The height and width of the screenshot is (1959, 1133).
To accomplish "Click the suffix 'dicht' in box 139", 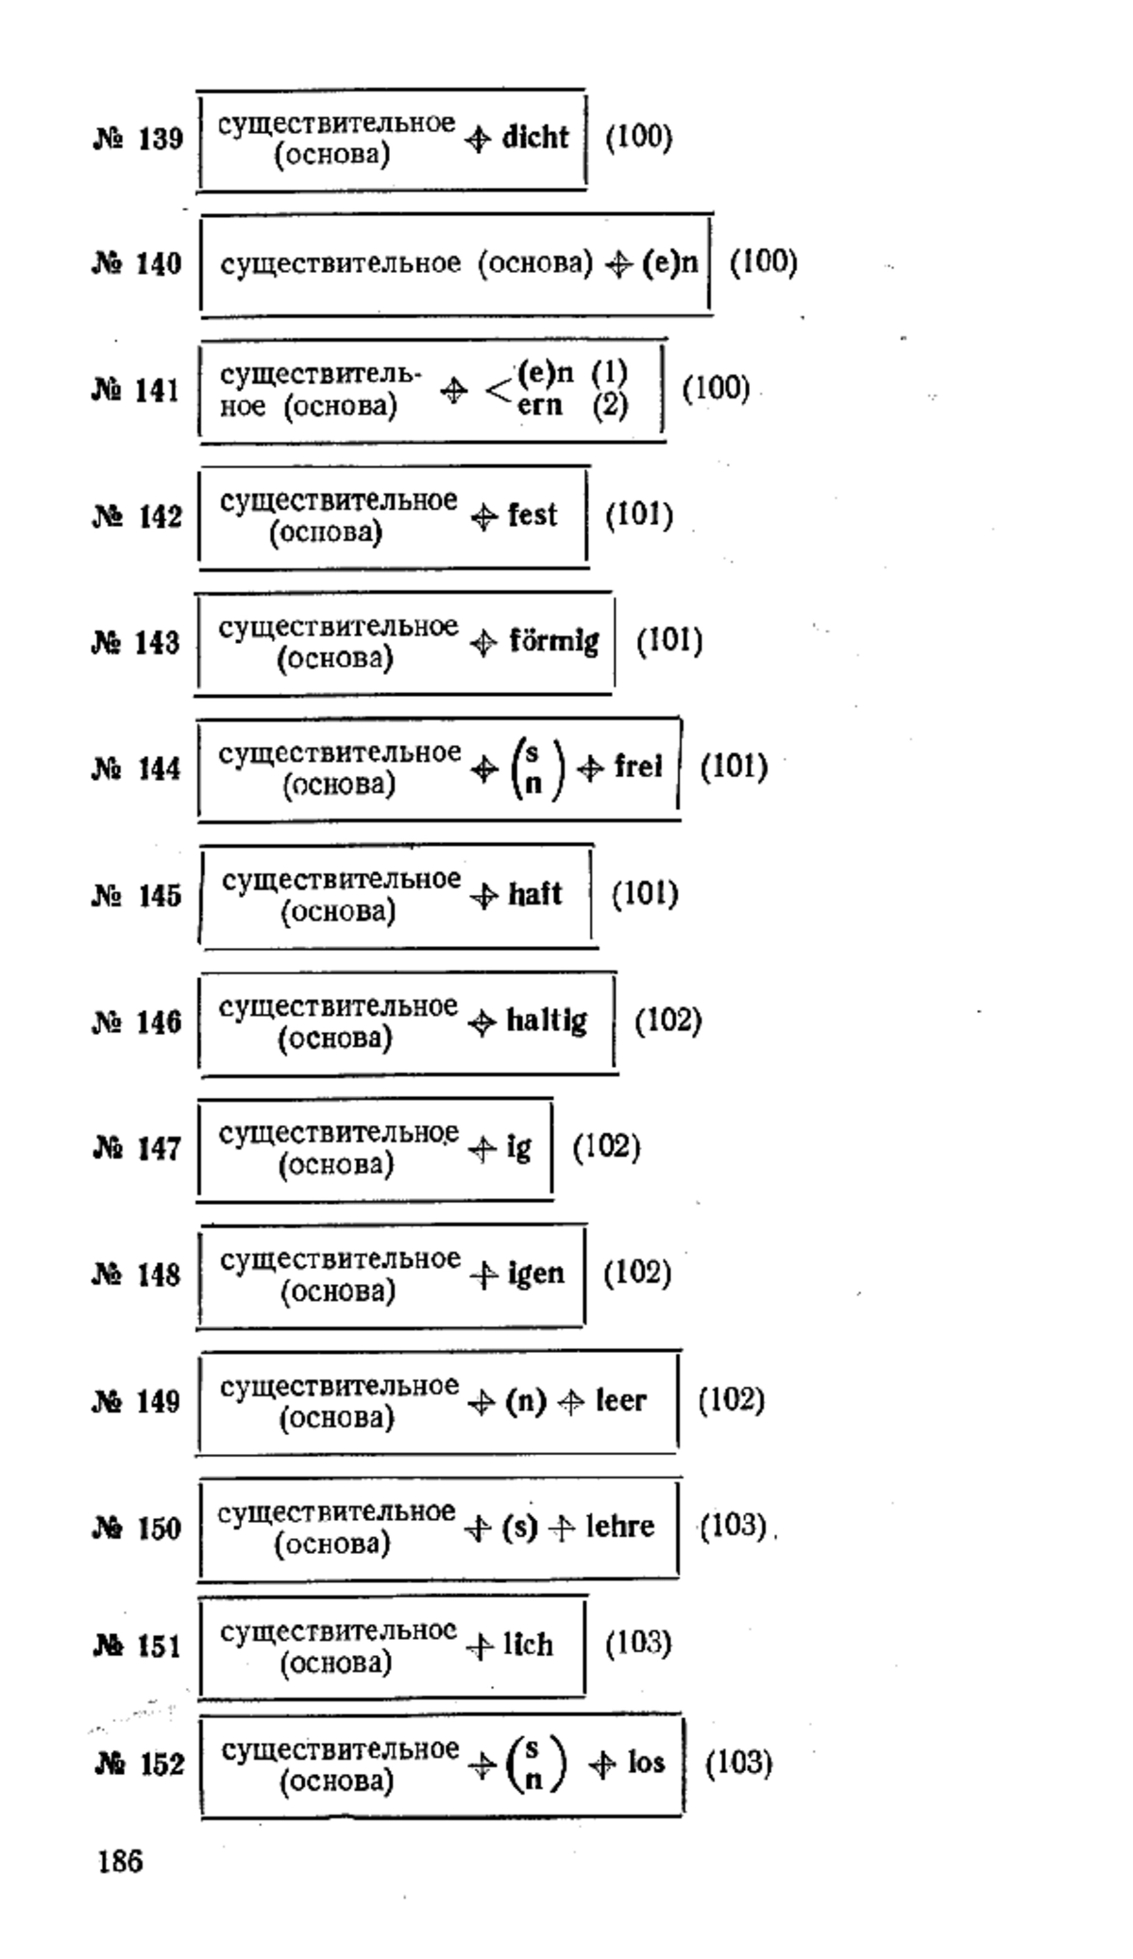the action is coord(535,138).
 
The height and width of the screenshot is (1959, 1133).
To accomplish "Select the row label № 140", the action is coord(137,263).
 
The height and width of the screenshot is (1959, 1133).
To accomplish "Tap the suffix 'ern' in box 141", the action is coord(539,405).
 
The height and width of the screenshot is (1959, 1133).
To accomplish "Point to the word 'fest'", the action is coord(533,515).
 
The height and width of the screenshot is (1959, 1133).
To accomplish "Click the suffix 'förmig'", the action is coord(554,642).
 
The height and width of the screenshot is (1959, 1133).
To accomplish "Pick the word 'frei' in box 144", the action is coord(638,767).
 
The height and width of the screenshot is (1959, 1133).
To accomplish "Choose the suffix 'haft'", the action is coord(535,894).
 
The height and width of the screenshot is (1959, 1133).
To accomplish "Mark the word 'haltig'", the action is coord(547,1022).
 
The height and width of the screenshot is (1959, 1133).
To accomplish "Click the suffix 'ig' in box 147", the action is coord(519,1148).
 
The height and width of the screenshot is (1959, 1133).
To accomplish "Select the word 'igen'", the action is coord(536,1275).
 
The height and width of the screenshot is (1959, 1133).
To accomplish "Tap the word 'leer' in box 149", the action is coord(621,1401).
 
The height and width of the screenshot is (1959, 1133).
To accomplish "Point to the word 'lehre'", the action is coord(620,1527).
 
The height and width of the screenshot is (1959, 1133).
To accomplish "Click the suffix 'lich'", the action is coord(528,1646).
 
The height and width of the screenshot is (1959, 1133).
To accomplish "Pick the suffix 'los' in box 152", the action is coord(647,1763).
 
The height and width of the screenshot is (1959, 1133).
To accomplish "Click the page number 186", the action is coord(120,1862).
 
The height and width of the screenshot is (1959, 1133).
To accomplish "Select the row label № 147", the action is coord(137,1149).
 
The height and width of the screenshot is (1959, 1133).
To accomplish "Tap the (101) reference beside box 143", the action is coord(669,641).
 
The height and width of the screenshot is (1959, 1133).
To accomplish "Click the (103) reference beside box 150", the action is coord(733,1526).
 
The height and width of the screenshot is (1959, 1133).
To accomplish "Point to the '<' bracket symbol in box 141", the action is coord(498,389).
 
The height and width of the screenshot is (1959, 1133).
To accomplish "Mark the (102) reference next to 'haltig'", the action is coord(668,1021).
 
